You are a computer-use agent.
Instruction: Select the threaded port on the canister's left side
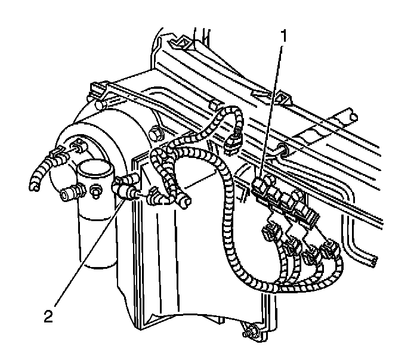point(70,192)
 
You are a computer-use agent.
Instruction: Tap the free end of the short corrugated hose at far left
point(35,188)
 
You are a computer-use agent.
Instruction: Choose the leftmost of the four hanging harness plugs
point(270,230)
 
